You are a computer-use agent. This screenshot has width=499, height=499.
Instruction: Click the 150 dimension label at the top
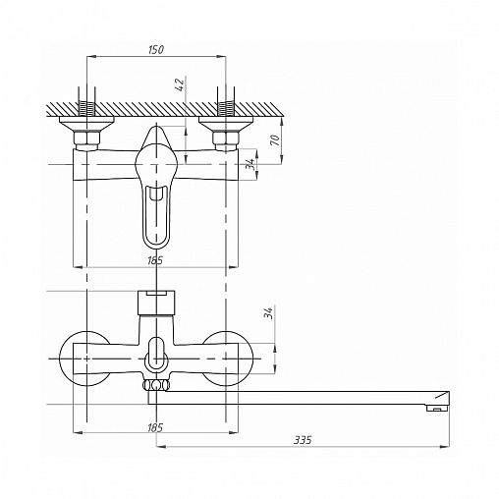156,50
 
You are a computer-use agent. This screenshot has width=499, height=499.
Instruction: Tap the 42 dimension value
181,84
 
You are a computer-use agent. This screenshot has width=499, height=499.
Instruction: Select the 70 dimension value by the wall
277,140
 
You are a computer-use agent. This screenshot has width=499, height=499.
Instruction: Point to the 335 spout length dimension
303,440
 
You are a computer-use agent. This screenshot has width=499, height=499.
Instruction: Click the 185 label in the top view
155,260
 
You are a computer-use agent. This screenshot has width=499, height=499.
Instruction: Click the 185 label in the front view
155,427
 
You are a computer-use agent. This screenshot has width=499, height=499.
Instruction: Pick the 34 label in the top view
250,163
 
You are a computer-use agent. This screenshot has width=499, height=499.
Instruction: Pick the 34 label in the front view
268,313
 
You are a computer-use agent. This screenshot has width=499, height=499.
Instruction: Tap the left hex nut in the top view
86,139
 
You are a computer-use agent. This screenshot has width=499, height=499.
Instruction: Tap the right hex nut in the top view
226,139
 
